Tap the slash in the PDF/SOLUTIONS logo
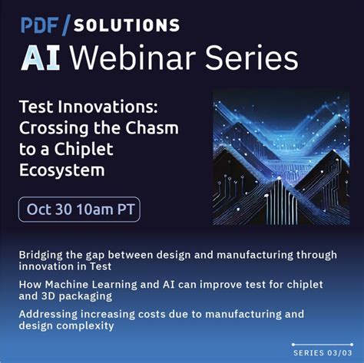point(65,25)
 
